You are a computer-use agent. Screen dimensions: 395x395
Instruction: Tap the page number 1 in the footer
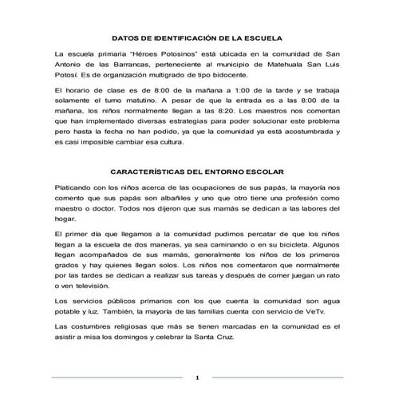(x=197, y=377)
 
